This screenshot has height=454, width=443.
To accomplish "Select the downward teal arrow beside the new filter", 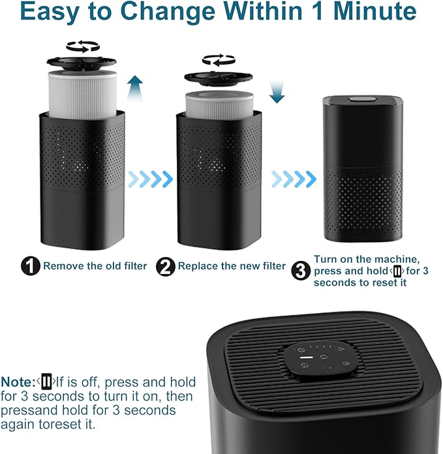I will tap(277, 90).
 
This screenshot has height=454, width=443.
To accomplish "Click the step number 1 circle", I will tap(31, 265).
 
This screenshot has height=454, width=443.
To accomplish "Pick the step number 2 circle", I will tap(166, 265).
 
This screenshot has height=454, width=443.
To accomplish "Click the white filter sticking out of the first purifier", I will tap(82, 91).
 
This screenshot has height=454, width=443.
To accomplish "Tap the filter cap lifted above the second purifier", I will tap(218, 77).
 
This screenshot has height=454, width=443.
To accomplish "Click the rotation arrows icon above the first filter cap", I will tap(83, 46).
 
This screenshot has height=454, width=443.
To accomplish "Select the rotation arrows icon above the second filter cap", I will tap(219, 61).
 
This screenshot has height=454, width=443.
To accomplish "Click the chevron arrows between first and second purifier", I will tap(149, 177).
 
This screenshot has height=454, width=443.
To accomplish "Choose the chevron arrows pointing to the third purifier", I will tap(294, 177).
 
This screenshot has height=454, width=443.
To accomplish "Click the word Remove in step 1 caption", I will tap(63, 266).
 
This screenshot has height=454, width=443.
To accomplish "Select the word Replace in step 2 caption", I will tap(198, 266).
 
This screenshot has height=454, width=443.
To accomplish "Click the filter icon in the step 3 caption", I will tap(396, 271).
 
